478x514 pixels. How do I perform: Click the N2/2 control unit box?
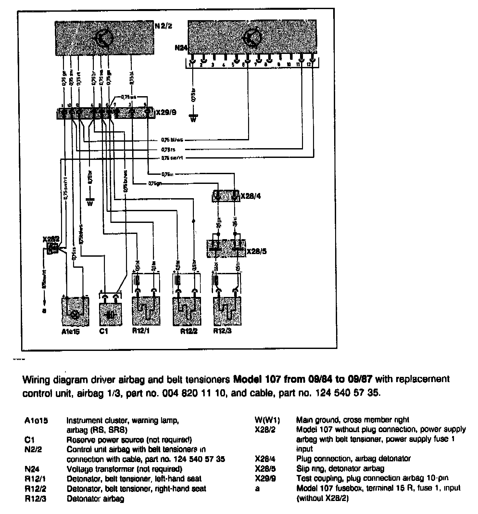pyautogui.click(x=104, y=38)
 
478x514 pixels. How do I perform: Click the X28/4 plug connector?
pyautogui.click(x=226, y=196)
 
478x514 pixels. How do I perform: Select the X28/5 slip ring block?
pyautogui.click(x=226, y=249)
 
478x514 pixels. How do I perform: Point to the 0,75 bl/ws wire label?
pyautogui.click(x=172, y=140)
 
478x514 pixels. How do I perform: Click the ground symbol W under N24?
pyautogui.click(x=193, y=119)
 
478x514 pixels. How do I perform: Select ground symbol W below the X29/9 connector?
pyautogui.click(x=90, y=203)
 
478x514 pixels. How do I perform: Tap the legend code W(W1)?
pyautogui.click(x=267, y=420)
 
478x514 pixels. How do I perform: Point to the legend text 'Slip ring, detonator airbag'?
pyautogui.click(x=340, y=469)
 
